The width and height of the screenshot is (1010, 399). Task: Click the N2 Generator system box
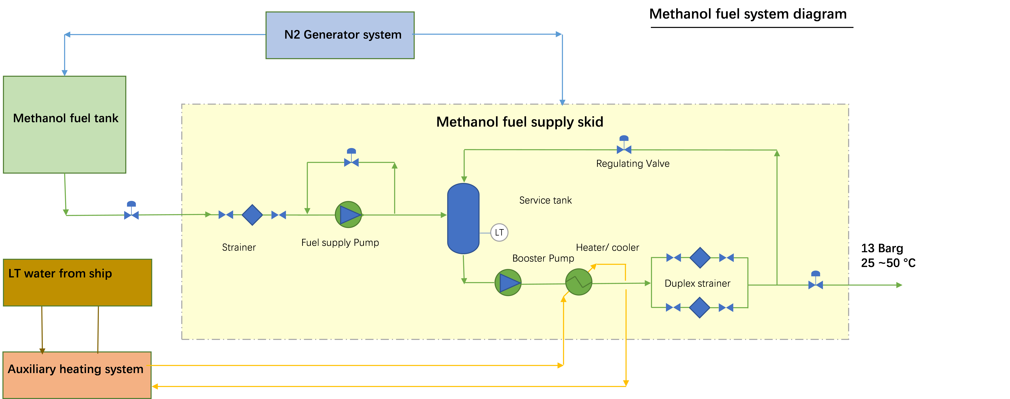click(340, 35)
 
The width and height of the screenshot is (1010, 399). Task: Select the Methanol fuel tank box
click(65, 124)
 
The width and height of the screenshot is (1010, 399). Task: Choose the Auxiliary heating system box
click(77, 375)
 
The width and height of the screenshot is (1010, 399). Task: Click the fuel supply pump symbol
click(348, 215)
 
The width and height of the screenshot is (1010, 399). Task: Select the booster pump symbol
click(508, 282)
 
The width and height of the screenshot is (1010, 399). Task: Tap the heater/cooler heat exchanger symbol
click(579, 282)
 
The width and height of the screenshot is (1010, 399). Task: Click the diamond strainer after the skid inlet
click(252, 215)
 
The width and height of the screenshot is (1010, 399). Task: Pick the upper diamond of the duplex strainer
click(700, 258)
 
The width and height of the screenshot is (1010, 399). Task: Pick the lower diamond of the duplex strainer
click(699, 308)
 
